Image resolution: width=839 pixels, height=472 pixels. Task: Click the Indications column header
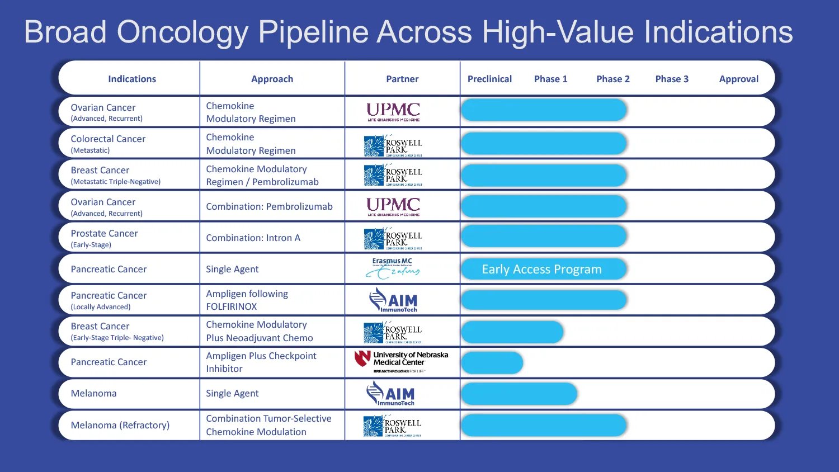click(x=132, y=79)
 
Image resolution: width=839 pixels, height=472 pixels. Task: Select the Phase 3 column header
click(x=672, y=79)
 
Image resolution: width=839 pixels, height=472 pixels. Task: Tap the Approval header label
click(x=738, y=79)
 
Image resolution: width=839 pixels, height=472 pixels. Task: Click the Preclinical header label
click(x=489, y=79)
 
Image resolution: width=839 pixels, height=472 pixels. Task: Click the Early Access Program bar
click(x=543, y=269)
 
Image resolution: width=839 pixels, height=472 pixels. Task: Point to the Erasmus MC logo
click(x=393, y=268)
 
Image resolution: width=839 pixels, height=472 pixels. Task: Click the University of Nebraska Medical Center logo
click(x=402, y=362)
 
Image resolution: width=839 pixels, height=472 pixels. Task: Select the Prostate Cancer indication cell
click(x=105, y=238)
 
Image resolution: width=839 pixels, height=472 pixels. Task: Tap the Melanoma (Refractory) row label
click(x=120, y=425)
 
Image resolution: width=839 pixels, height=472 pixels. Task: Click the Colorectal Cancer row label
click(x=108, y=143)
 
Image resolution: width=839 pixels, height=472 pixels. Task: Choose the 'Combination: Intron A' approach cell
click(x=253, y=238)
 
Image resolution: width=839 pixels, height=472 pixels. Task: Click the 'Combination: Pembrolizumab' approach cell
click(x=269, y=206)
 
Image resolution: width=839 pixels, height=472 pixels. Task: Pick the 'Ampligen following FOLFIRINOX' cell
click(x=247, y=300)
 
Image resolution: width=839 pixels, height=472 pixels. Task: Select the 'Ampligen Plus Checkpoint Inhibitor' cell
click(x=261, y=362)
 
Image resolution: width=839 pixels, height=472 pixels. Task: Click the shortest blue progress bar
click(x=492, y=362)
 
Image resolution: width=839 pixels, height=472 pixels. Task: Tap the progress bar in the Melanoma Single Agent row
click(x=519, y=394)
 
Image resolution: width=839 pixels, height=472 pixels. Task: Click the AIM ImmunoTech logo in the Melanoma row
click(x=391, y=394)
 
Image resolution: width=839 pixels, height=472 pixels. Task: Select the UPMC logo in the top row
click(x=393, y=111)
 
